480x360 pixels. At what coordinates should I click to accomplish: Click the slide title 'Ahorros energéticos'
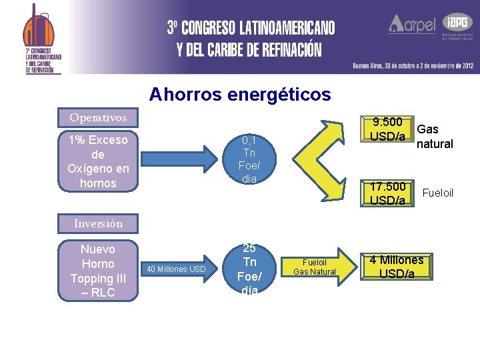click(x=240, y=95)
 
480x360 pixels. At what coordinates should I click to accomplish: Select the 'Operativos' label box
click(x=98, y=117)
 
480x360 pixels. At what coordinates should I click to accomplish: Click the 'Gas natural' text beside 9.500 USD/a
click(x=435, y=137)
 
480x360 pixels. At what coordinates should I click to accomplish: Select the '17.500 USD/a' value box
click(x=387, y=193)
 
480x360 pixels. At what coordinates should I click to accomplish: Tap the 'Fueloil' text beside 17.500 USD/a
click(x=438, y=193)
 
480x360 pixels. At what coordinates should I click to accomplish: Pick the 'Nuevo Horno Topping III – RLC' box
click(x=97, y=271)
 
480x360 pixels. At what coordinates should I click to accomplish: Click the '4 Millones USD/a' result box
click(x=397, y=267)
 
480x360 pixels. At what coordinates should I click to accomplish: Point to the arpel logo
click(x=412, y=25)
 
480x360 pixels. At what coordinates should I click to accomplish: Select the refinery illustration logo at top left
click(x=39, y=30)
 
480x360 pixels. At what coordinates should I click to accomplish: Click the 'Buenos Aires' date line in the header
click(x=413, y=65)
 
